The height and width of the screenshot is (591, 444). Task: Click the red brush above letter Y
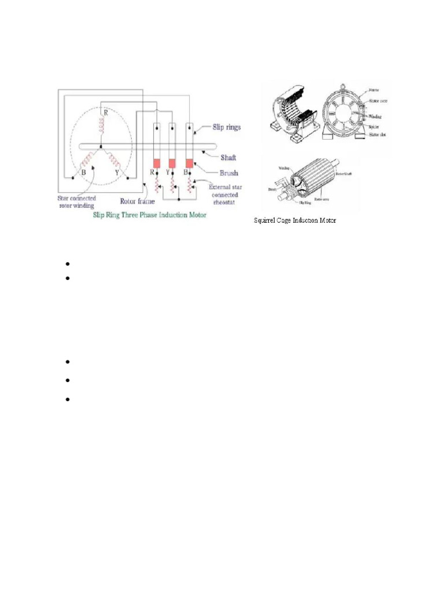172,163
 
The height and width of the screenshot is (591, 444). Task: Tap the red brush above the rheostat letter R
155,163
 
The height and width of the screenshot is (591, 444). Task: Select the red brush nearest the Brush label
189,163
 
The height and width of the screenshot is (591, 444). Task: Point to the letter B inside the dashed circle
84,171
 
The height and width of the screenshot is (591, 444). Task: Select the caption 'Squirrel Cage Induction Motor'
295,220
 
